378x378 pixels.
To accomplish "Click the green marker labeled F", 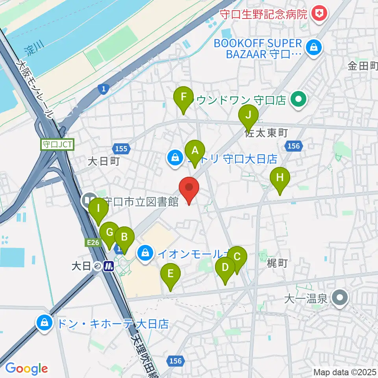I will pyautogui.click(x=183, y=97).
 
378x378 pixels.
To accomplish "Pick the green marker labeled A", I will pyautogui.click(x=195, y=150).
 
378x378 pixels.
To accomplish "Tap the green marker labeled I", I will pyautogui.click(x=98, y=208).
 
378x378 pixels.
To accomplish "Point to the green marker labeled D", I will pyautogui.click(x=225, y=268).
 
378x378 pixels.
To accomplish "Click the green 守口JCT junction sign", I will pyautogui.click(x=57, y=145).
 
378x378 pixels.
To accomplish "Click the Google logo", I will pyautogui.click(x=26, y=368).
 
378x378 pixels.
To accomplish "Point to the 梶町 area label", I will pyautogui.click(x=276, y=263).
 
